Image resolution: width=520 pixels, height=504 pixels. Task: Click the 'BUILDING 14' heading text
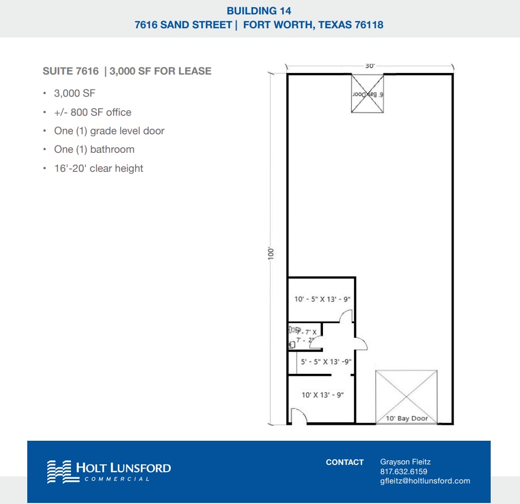coord(259,10)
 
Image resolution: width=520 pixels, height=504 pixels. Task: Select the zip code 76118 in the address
coord(368,25)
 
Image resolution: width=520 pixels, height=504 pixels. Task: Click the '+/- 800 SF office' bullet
coord(93,112)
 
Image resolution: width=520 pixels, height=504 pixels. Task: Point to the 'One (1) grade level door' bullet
coord(109,131)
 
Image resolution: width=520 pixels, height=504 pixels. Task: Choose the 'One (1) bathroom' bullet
coord(94,149)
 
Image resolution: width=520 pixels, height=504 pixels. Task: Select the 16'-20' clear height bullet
coord(99,168)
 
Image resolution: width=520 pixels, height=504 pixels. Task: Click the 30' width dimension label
coord(370,66)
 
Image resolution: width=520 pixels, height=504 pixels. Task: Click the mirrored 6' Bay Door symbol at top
coord(367,93)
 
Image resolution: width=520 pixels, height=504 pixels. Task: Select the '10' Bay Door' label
coord(407,418)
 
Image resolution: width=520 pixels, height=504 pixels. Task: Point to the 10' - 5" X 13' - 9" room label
coord(322,299)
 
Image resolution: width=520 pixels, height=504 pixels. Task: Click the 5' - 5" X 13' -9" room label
coord(326,362)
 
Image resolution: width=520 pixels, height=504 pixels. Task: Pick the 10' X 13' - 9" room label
coord(322,395)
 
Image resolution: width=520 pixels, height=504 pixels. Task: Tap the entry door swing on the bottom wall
coord(298,416)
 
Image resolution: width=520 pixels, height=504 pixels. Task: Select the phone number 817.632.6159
coord(403,472)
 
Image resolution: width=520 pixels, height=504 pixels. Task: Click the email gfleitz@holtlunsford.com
coord(425,481)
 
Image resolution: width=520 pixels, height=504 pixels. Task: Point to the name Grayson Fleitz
coord(405,462)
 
